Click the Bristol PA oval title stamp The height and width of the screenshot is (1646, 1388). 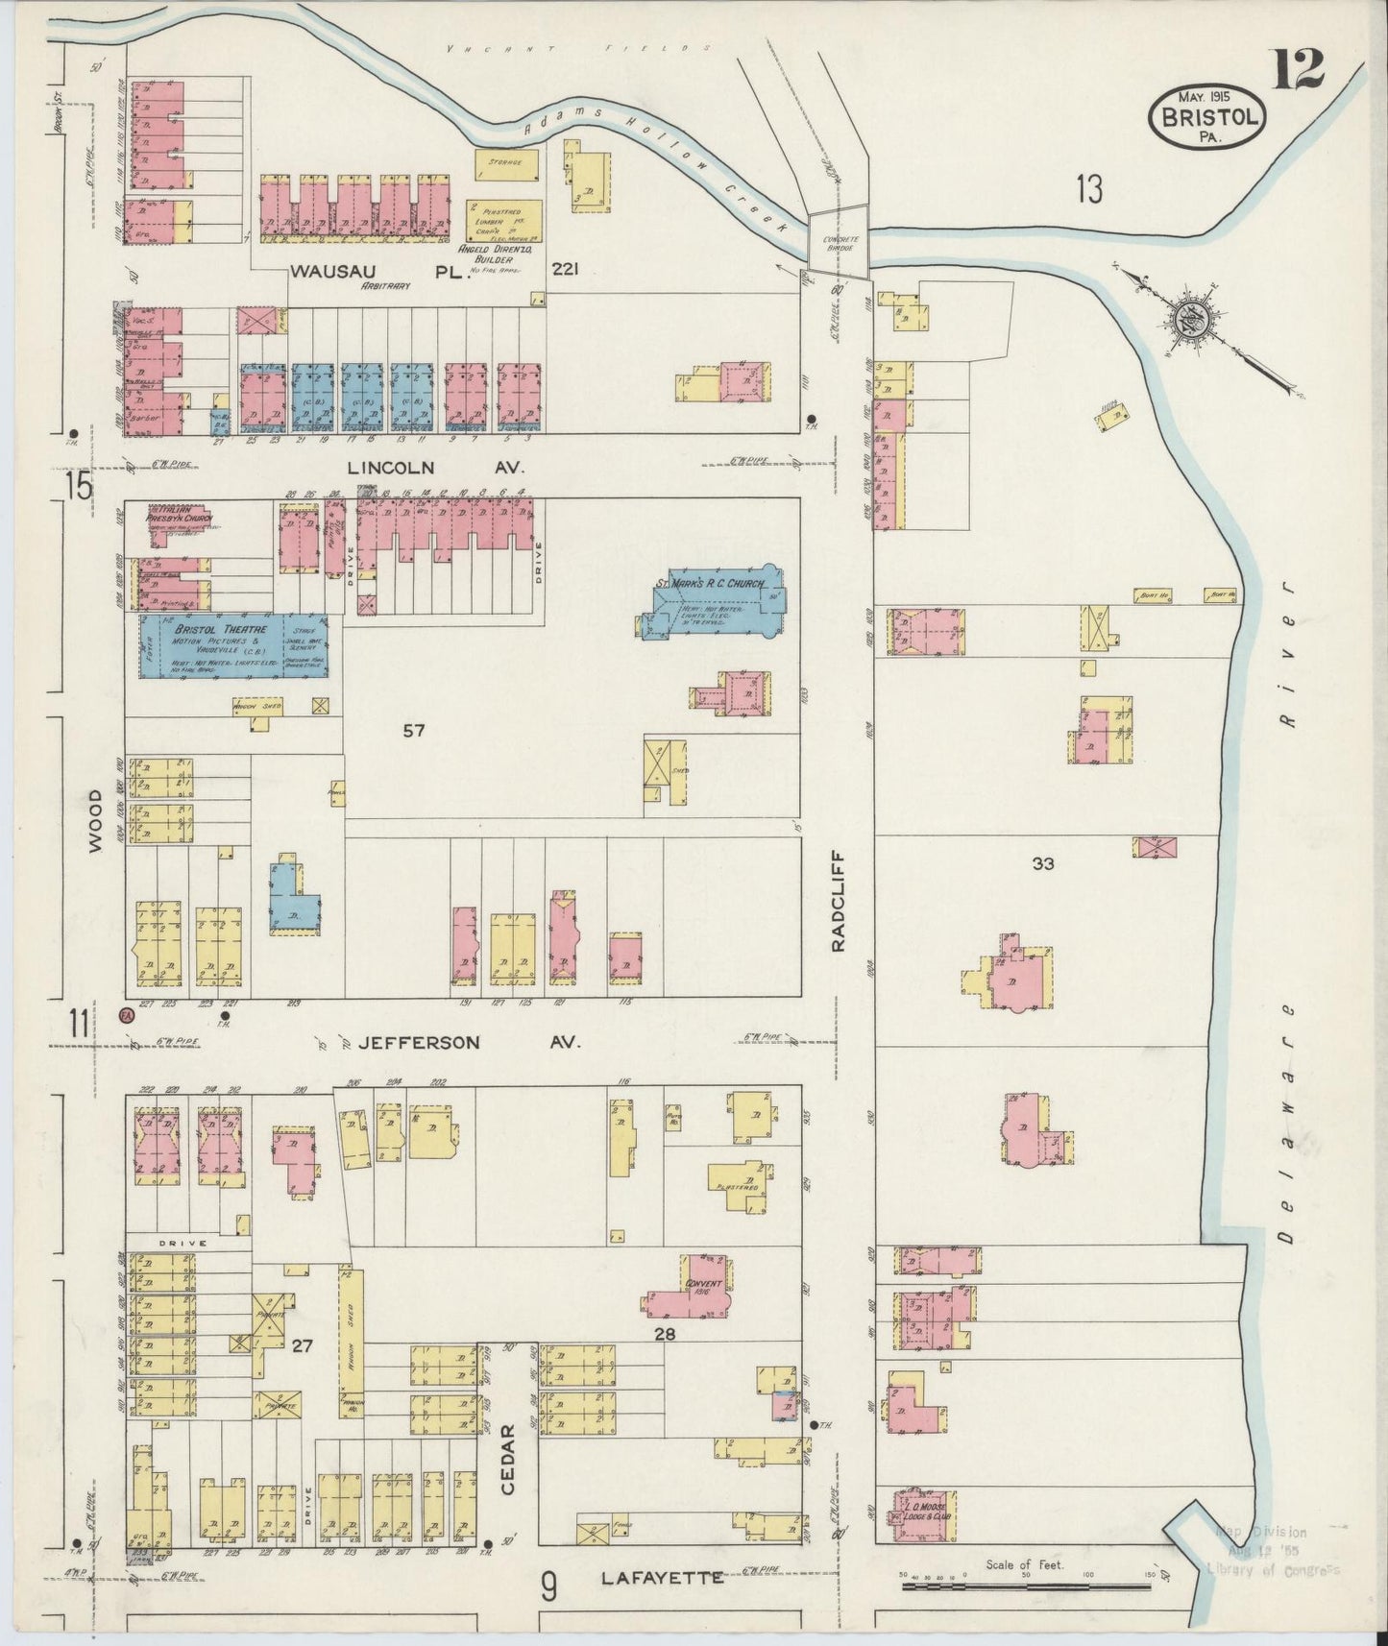coord(1206,115)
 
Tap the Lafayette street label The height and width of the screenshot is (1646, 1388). coord(662,1577)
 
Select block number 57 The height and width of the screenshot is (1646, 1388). coord(413,731)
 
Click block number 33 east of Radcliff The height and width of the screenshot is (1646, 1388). coord(1043,863)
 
